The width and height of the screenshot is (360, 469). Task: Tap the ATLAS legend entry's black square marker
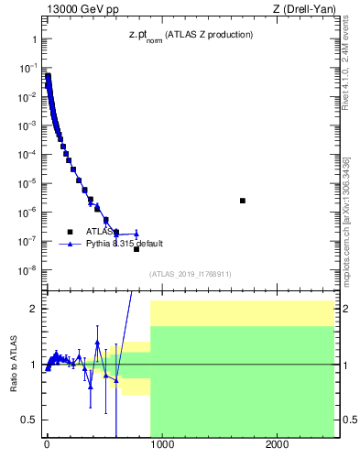(x=70, y=232)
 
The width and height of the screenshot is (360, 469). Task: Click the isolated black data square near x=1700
(x=242, y=201)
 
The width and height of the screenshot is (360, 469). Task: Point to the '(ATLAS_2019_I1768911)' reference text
(x=190, y=274)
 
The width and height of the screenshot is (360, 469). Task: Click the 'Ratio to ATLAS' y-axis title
(x=14, y=364)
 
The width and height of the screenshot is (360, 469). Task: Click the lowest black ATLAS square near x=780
(x=136, y=249)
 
